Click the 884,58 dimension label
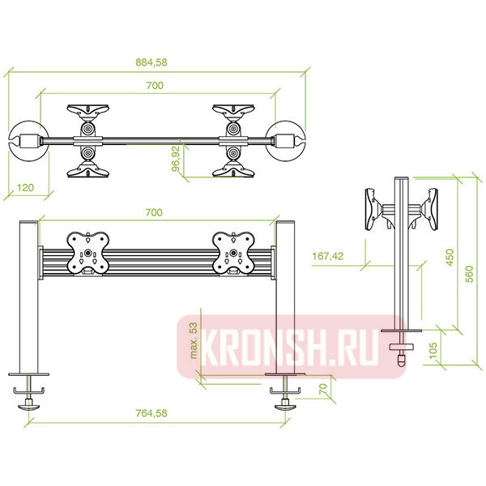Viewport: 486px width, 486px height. (x=151, y=62)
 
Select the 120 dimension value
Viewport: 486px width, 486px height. (x=25, y=188)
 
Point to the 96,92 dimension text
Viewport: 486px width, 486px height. (x=176, y=159)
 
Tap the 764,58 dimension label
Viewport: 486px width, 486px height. (x=151, y=413)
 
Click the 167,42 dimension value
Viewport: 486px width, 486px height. (x=327, y=256)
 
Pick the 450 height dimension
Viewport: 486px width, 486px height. (x=450, y=258)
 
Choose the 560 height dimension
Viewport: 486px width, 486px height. (x=469, y=274)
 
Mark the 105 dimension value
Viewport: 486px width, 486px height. (x=433, y=350)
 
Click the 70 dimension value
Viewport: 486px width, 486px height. (x=322, y=389)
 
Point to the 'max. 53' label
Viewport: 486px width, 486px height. (x=193, y=341)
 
